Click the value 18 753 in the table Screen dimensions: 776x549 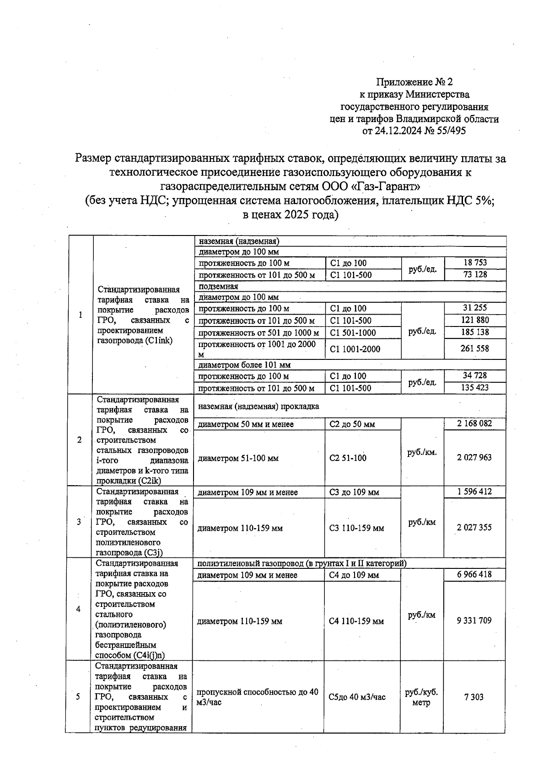(475, 262)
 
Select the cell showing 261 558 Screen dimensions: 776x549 (475, 348)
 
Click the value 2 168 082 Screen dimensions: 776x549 (474, 423)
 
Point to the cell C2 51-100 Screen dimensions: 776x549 (348, 458)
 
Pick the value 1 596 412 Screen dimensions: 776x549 (474, 492)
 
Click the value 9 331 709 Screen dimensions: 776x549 (474, 621)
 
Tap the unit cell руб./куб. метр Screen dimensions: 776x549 (421, 697)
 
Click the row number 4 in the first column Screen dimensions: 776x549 (78, 609)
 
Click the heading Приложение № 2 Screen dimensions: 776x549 (414, 82)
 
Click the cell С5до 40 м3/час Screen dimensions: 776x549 (357, 697)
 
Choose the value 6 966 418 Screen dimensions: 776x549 (474, 574)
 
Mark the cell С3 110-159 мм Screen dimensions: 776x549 (356, 528)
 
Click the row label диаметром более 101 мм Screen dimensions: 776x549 (244, 365)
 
